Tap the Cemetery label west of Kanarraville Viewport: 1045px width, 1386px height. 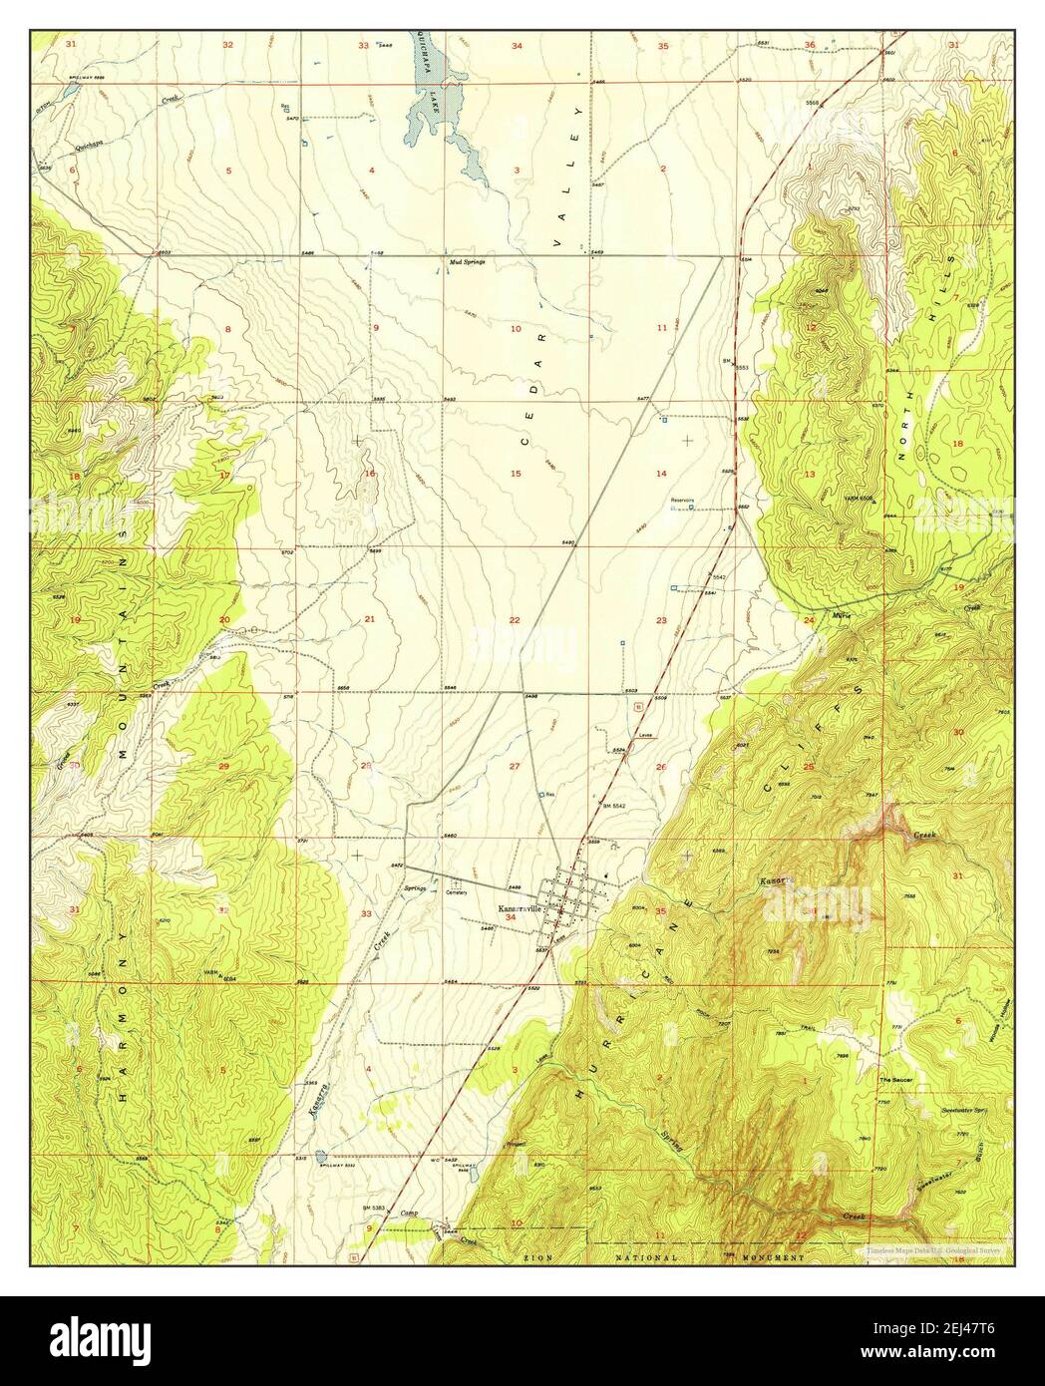457,892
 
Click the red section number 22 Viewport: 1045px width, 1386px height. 515,620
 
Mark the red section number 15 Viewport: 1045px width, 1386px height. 517,473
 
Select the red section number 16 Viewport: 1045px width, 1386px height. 370,473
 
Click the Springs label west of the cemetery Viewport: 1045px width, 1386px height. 416,886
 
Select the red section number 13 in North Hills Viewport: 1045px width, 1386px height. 810,474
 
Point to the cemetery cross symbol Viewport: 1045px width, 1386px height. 457,882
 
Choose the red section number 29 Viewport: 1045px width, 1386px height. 223,766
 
